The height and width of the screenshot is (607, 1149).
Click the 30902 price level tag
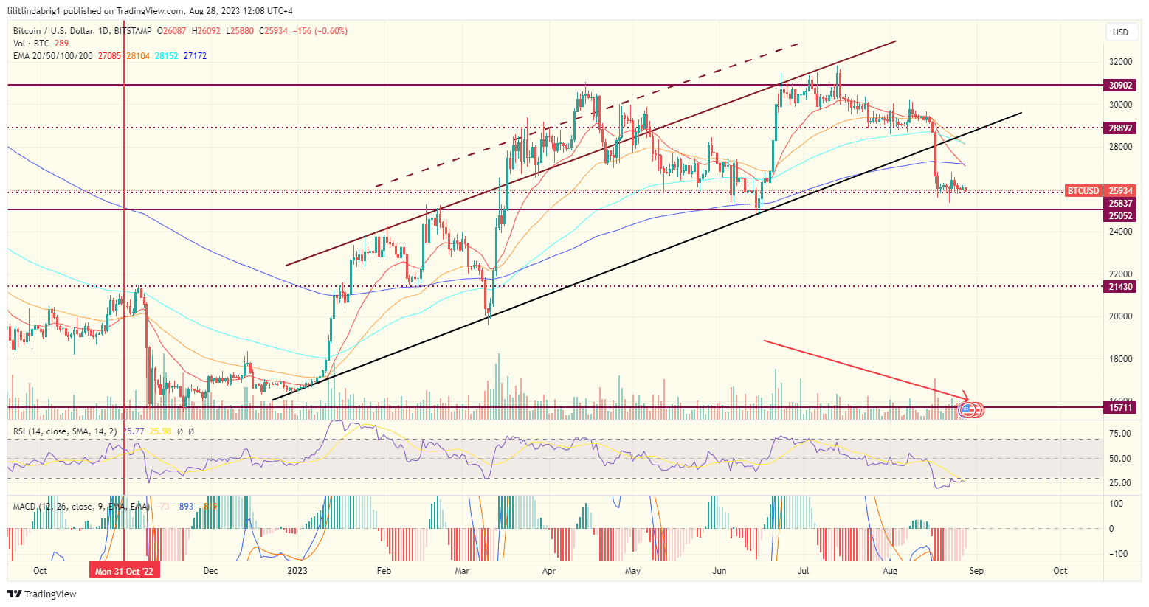click(x=1120, y=86)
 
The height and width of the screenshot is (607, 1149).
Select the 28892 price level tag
click(x=1120, y=128)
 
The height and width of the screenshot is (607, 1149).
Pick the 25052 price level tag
click(x=1120, y=216)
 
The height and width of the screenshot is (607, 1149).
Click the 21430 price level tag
click(x=1120, y=286)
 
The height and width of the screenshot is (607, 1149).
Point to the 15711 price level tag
click(x=1120, y=407)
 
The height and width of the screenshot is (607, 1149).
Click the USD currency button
click(x=1120, y=32)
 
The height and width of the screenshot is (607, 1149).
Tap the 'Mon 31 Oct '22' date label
click(x=124, y=571)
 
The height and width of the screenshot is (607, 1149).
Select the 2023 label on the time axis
click(x=297, y=571)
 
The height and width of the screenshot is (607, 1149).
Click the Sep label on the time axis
click(x=976, y=571)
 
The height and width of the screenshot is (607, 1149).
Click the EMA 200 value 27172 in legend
click(x=195, y=56)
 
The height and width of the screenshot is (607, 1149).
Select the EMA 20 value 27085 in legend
click(x=109, y=56)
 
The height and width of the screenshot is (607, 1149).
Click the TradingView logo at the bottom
click(x=42, y=594)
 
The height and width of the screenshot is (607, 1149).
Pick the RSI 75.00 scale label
click(x=1119, y=434)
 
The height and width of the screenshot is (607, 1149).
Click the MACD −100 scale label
click(x=1119, y=554)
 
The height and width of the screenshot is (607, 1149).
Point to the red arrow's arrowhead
click(x=967, y=399)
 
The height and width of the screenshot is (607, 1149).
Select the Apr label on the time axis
click(x=548, y=571)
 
